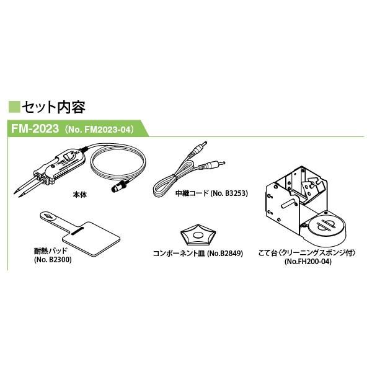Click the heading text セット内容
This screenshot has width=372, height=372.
pyautogui.click(x=53, y=107)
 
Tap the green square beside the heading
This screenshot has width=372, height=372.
pyautogui.click(x=14, y=107)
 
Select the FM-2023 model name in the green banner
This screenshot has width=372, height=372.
pyautogui.click(x=35, y=128)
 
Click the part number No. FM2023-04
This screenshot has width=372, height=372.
pyautogui.click(x=98, y=130)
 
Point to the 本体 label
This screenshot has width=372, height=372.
pyautogui.click(x=80, y=195)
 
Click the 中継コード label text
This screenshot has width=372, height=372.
pyautogui.click(x=192, y=193)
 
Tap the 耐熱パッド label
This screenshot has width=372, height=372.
pyautogui.click(x=51, y=251)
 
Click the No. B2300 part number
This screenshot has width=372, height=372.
pyautogui.click(x=53, y=260)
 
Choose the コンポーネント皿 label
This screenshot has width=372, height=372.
pyautogui.click(x=179, y=254)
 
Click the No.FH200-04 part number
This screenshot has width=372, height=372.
pyautogui.click(x=308, y=262)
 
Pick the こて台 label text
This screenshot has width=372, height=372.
pyautogui.click(x=268, y=253)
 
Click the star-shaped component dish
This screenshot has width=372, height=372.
pyautogui.click(x=198, y=235)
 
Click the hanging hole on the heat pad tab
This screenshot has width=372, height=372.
pyautogui.click(x=48, y=216)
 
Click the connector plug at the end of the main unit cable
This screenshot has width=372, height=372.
pyautogui.click(x=120, y=186)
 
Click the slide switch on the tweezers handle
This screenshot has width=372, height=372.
pyautogui.click(x=68, y=157)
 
